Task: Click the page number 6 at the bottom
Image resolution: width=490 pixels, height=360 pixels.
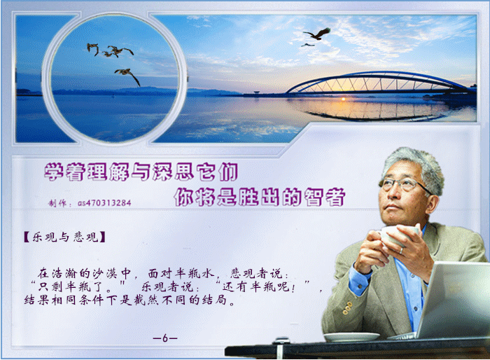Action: [165, 338]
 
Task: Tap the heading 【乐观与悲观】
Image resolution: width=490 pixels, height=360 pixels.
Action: [64, 237]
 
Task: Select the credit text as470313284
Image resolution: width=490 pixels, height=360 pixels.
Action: [104, 203]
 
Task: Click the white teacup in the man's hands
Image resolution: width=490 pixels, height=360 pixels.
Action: [396, 235]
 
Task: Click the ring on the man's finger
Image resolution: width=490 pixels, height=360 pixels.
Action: [401, 251]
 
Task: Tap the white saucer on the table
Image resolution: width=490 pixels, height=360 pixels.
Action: [351, 337]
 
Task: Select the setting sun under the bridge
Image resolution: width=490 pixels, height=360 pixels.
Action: [344, 99]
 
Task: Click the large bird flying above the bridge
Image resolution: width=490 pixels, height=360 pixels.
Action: [318, 34]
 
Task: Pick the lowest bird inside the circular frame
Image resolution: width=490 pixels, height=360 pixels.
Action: [127, 76]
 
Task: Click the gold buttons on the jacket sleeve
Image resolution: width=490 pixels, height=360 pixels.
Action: [347, 308]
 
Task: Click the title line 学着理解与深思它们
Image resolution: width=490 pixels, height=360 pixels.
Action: [141, 172]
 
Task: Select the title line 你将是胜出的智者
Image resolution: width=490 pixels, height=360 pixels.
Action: [260, 197]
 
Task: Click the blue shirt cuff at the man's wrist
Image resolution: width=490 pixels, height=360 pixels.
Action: [359, 280]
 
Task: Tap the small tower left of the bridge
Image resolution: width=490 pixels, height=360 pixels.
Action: [257, 93]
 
